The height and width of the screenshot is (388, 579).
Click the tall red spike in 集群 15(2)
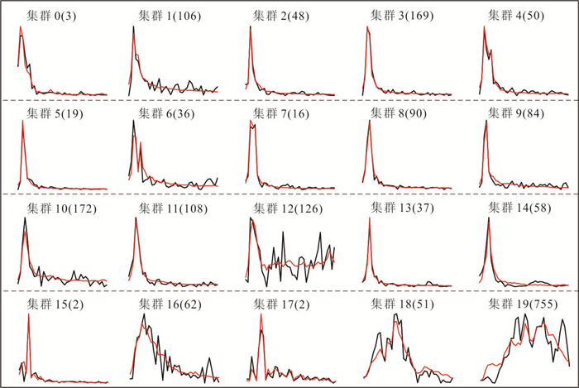[29, 314]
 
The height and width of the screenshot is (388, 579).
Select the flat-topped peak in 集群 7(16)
[252, 125]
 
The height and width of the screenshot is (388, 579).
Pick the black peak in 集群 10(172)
[26, 218]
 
